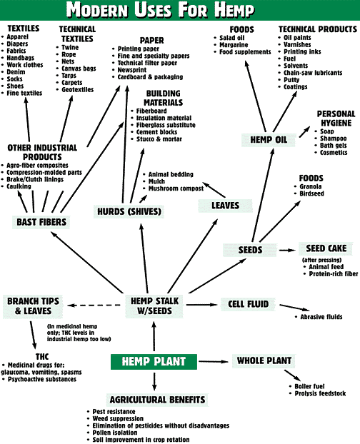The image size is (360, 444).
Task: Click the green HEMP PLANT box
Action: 154,362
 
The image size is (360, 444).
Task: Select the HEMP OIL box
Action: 269,140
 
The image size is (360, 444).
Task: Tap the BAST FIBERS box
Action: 41,222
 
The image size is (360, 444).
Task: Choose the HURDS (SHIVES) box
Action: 129,211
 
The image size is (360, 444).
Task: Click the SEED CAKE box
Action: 326,248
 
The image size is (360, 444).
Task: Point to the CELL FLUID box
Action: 248,304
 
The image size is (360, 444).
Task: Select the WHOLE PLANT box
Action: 264,360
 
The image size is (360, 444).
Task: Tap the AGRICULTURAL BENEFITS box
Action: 157,400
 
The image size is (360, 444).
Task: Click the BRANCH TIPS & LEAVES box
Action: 33,306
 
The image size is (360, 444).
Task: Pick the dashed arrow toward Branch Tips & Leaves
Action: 94,306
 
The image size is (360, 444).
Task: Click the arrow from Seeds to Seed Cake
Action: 287,250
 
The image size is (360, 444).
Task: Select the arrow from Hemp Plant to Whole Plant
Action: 214,361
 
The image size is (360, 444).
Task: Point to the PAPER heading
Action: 152,41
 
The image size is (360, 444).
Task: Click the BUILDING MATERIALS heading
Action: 163,98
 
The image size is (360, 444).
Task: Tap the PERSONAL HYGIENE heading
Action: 336,118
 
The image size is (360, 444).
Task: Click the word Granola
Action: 311,186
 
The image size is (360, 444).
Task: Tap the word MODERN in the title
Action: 97,10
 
